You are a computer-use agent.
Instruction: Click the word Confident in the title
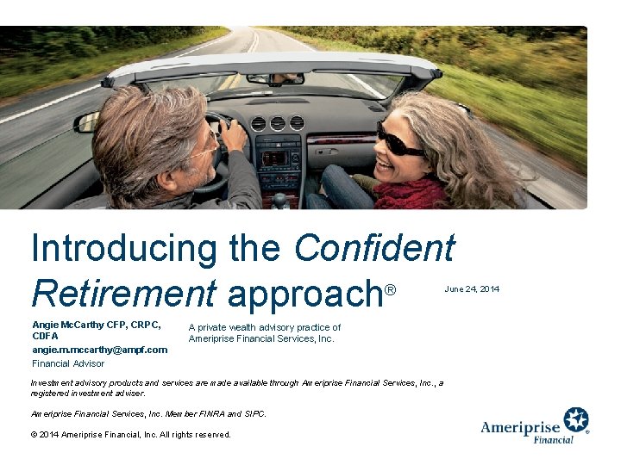pyautogui.click(x=373, y=250)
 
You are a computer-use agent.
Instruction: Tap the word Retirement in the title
pyautogui.click(x=122, y=293)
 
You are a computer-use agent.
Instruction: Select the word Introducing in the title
pyautogui.click(x=125, y=250)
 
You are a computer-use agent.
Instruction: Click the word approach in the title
pyautogui.click(x=304, y=294)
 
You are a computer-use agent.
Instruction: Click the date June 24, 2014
pyautogui.click(x=472, y=288)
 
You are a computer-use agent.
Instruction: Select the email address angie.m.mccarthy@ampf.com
pyautogui.click(x=99, y=350)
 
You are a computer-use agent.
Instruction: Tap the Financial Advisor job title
pyautogui.click(x=68, y=363)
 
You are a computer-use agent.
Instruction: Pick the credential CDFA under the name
pyautogui.click(x=45, y=337)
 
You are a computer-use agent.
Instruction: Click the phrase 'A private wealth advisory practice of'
pyautogui.click(x=265, y=327)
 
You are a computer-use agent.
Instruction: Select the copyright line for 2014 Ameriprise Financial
pyautogui.click(x=131, y=435)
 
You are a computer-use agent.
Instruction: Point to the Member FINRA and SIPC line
pyautogui.click(x=148, y=413)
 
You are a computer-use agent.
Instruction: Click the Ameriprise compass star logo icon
pyautogui.click(x=576, y=421)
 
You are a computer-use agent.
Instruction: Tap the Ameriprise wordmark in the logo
pyautogui.click(x=521, y=427)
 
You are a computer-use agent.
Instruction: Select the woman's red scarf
pyautogui.click(x=410, y=193)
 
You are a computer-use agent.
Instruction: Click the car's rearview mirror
pyautogui.click(x=275, y=78)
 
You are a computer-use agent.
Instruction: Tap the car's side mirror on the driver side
pyautogui.click(x=87, y=122)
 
